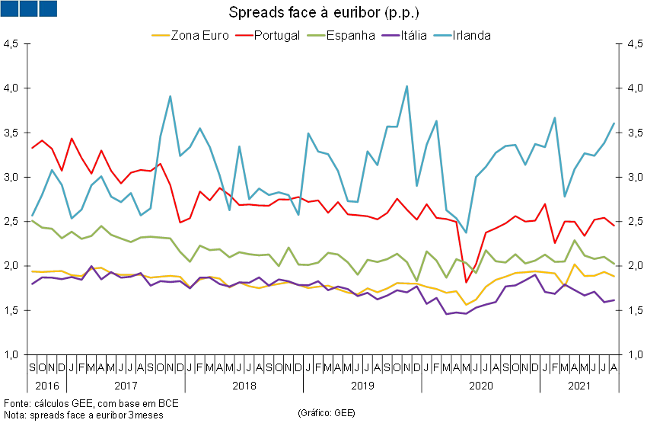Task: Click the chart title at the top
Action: [323, 13]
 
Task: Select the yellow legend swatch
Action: [161, 35]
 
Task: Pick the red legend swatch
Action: [244, 35]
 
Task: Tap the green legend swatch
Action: [316, 35]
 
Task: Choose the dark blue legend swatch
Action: [390, 35]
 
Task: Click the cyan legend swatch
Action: [442, 35]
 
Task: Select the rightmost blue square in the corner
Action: [47, 8]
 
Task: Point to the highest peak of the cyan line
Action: [406, 86]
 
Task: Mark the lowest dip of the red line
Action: [467, 283]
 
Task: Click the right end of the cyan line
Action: [615, 123]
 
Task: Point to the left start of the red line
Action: [32, 148]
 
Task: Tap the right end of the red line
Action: [615, 226]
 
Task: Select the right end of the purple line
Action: [615, 300]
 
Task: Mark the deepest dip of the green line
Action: [417, 280]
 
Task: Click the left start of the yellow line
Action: [32, 271]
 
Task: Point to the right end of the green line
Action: [615, 264]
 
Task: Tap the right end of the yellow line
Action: [615, 276]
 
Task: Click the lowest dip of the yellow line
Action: [467, 304]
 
